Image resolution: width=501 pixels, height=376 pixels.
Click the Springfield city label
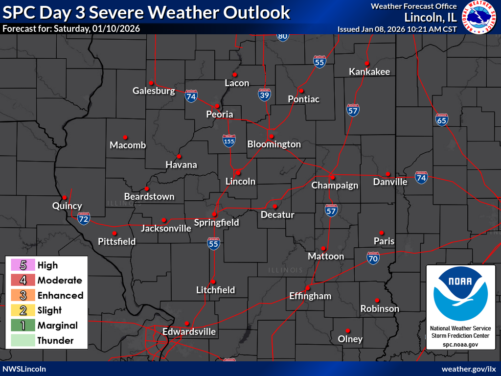216,223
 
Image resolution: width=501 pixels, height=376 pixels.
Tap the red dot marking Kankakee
366,63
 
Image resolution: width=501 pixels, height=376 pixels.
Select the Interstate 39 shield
264,94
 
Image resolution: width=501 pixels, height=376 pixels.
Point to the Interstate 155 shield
228,141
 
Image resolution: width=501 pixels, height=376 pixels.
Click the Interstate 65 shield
442,119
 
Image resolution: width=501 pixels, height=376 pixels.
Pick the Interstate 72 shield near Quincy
84,219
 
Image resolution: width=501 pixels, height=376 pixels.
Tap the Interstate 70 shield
373,258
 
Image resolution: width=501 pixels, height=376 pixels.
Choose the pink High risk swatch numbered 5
23,265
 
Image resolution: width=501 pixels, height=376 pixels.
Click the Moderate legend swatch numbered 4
23,281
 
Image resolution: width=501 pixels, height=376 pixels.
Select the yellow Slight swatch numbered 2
23,310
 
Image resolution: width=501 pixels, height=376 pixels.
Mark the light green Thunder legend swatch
23,341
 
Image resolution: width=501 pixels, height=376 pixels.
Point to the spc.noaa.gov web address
459,345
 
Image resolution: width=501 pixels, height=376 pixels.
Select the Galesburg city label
154,91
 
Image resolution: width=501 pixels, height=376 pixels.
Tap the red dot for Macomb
125,137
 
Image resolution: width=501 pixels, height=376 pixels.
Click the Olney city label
350,339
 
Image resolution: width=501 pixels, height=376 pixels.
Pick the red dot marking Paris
382,233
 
